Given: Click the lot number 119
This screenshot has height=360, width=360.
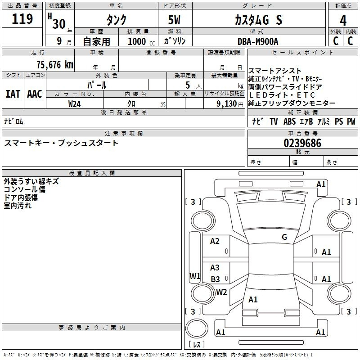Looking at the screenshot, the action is click(x=22, y=19).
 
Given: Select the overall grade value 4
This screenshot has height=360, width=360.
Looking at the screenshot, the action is click(x=343, y=21).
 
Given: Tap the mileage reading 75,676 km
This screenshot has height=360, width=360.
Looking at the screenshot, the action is click(x=55, y=65).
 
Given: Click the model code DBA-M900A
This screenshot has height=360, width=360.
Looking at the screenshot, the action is click(x=258, y=41).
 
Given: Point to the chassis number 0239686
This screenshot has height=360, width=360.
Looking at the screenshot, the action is click(x=302, y=143).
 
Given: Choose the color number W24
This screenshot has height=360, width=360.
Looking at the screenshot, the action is click(x=74, y=104).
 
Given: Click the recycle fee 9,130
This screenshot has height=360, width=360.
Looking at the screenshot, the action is click(x=226, y=104).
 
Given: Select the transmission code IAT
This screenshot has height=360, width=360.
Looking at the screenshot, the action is click(x=13, y=94).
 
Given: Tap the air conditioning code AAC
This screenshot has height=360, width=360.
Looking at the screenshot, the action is click(x=35, y=94).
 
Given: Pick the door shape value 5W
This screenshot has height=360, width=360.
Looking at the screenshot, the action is click(x=175, y=20).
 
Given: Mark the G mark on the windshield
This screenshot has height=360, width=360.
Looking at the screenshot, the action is click(x=284, y=237).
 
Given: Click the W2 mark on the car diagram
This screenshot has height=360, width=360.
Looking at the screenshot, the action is click(x=221, y=292).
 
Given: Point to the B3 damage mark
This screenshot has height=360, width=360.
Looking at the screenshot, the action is click(x=216, y=279).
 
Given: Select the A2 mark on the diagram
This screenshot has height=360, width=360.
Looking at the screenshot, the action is click(x=215, y=241).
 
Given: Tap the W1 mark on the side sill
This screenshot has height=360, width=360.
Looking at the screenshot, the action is click(x=195, y=276).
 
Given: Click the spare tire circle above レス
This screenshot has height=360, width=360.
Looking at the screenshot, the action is click(x=197, y=328).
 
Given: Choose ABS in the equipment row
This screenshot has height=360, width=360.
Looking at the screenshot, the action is click(x=289, y=121).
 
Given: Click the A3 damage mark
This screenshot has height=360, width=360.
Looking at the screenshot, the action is click(x=215, y=267).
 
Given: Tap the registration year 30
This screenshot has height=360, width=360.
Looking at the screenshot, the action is click(x=59, y=24).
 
